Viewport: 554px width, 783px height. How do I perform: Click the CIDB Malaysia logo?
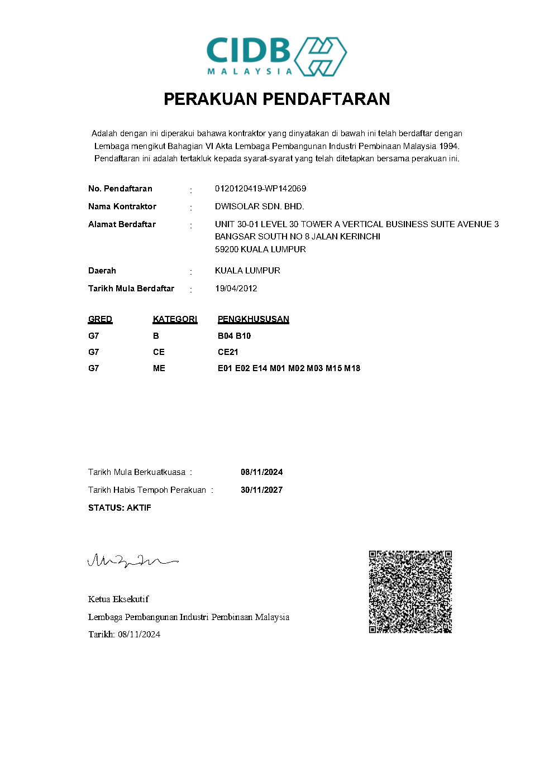[x=276, y=56]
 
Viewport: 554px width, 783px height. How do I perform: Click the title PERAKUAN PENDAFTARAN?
[x=276, y=99]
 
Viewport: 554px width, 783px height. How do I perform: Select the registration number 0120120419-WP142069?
[x=260, y=189]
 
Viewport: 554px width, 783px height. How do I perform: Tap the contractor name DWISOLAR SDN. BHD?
[x=259, y=206]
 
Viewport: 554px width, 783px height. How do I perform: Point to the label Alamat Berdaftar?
[x=122, y=224]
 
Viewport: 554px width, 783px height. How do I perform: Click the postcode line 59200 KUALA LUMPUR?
[x=260, y=249]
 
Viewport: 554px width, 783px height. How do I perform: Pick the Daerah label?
[x=102, y=271]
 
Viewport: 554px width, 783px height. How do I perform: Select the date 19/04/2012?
[x=236, y=289]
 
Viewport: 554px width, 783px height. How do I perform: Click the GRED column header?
[x=100, y=319]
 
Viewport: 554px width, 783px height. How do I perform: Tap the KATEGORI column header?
[x=175, y=319]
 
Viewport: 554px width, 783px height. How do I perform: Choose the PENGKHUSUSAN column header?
[x=253, y=319]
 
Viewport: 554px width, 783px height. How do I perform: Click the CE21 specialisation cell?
[x=228, y=352]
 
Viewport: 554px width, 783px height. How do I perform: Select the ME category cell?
[x=159, y=368]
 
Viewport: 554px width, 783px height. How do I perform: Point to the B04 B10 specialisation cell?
[x=234, y=336]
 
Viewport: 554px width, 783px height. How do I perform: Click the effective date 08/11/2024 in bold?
[x=261, y=472]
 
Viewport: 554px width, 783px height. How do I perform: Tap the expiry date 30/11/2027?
[x=261, y=490]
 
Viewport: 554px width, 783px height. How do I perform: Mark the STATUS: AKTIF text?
[x=120, y=508]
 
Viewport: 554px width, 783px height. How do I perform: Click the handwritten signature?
[x=132, y=560]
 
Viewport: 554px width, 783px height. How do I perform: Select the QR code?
[x=410, y=592]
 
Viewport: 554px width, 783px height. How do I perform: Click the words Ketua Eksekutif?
[x=118, y=599]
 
